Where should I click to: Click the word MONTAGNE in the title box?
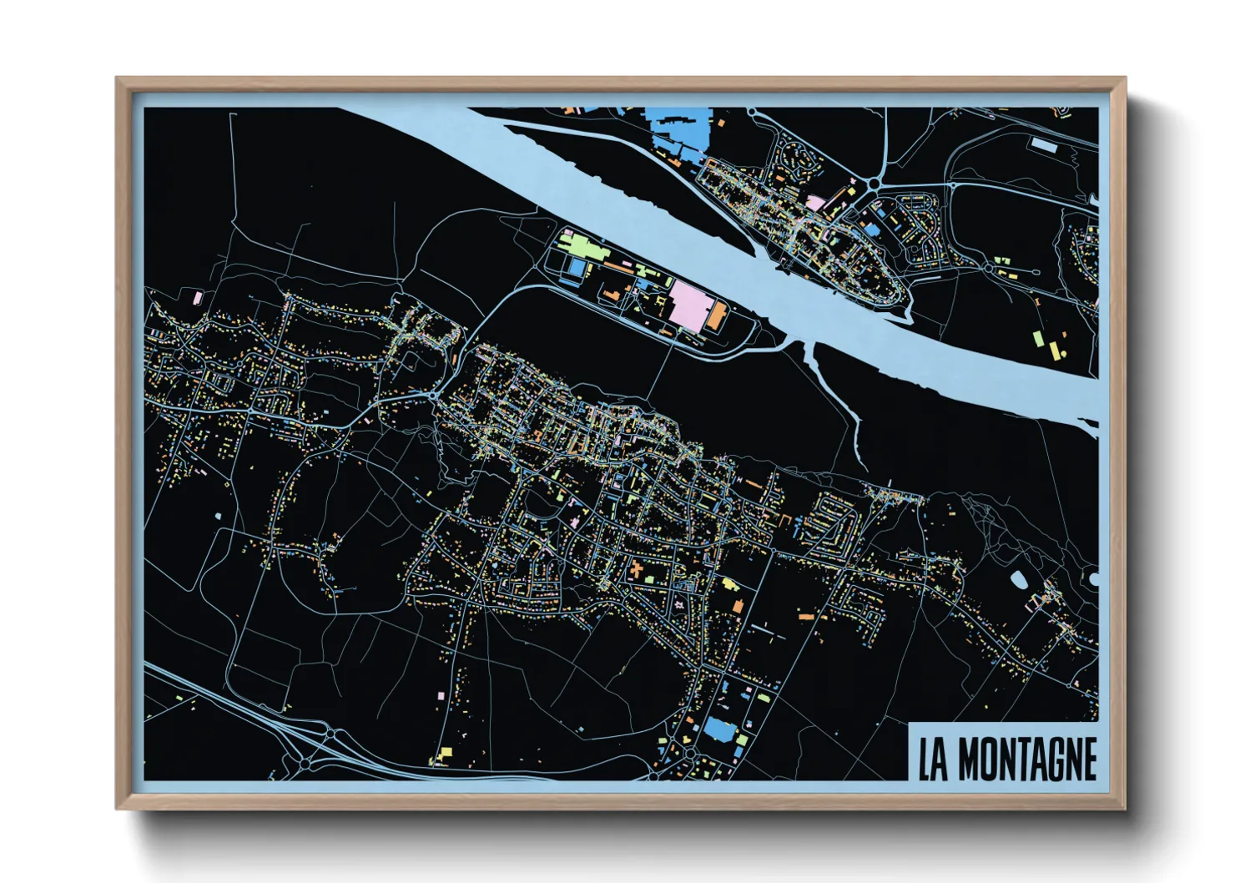[x=1026, y=759]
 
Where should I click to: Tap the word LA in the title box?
[x=933, y=759]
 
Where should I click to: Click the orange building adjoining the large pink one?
[x=717, y=316]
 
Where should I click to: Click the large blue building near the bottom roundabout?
[x=720, y=730]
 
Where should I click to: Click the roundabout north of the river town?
[x=874, y=183]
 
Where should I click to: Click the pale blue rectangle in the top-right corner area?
[x=1043, y=145]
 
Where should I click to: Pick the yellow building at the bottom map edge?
[x=441, y=755]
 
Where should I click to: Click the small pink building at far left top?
[x=198, y=296]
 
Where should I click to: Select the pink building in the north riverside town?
[x=814, y=204]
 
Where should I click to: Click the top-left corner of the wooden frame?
[x=118, y=80]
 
